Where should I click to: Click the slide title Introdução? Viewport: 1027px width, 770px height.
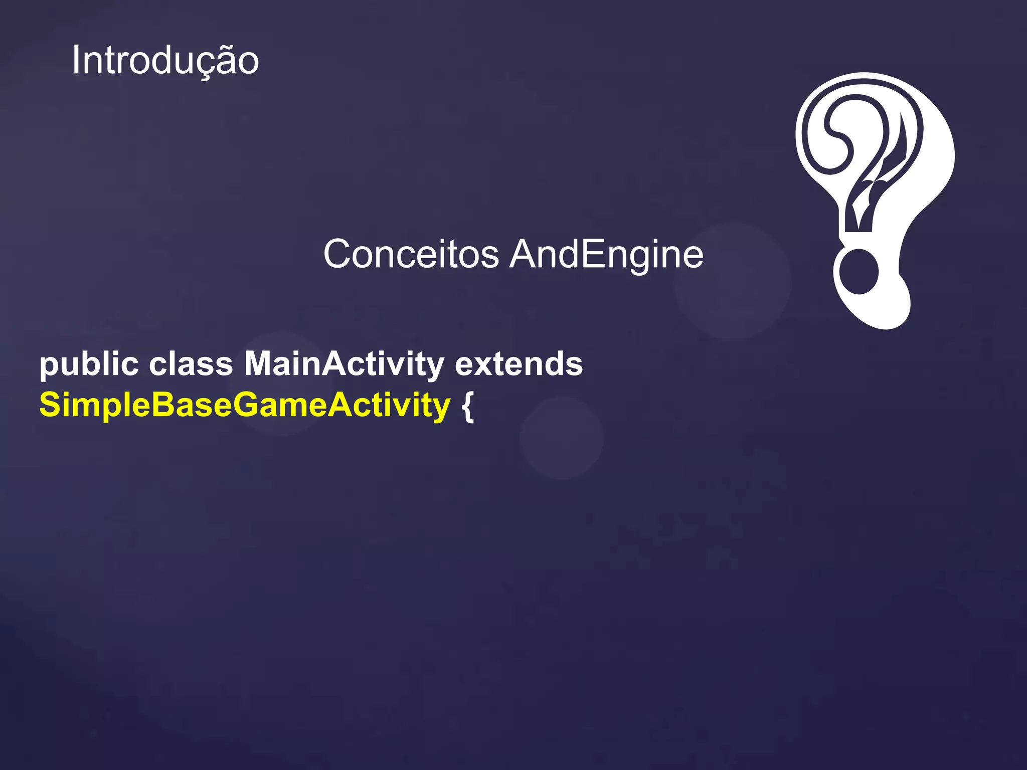tap(165, 61)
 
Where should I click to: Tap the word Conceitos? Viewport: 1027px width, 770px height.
tap(411, 254)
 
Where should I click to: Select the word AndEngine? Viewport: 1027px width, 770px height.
tap(606, 254)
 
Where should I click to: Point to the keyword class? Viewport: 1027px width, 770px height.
tap(191, 364)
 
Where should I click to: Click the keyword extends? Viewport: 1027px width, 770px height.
tap(519, 364)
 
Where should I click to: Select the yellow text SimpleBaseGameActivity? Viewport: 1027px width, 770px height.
tap(245, 405)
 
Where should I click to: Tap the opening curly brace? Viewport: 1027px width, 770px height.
tap(467, 406)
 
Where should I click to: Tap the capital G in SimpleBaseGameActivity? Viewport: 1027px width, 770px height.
tap(247, 405)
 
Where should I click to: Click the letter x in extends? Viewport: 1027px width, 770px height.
tap(483, 365)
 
